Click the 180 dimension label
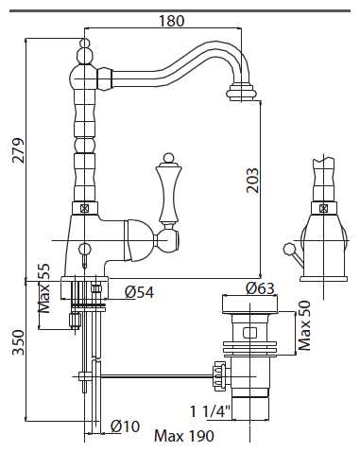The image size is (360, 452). [x=171, y=21]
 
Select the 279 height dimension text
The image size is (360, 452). [x=18, y=150]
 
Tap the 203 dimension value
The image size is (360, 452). [x=252, y=181]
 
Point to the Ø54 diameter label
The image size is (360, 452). [x=140, y=292]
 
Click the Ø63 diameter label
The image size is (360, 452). [x=260, y=288]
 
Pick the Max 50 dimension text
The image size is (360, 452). [x=304, y=325]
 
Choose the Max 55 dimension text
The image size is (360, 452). [x=43, y=288]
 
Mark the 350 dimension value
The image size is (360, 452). [x=18, y=342]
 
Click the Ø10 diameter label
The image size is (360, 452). [x=125, y=426]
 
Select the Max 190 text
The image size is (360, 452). [x=184, y=436]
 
